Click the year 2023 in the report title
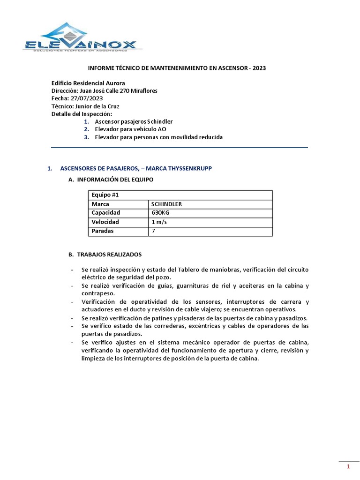coord(259,68)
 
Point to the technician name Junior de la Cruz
coord(94,106)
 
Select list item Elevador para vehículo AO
coord(130,129)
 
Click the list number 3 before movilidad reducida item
coord(87,137)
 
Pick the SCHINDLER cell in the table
coord(166,204)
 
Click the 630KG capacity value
coord(160,213)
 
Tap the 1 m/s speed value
coord(159,222)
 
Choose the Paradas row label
coord(103,231)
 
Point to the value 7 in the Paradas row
coord(153,231)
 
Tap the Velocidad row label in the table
coord(105,222)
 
